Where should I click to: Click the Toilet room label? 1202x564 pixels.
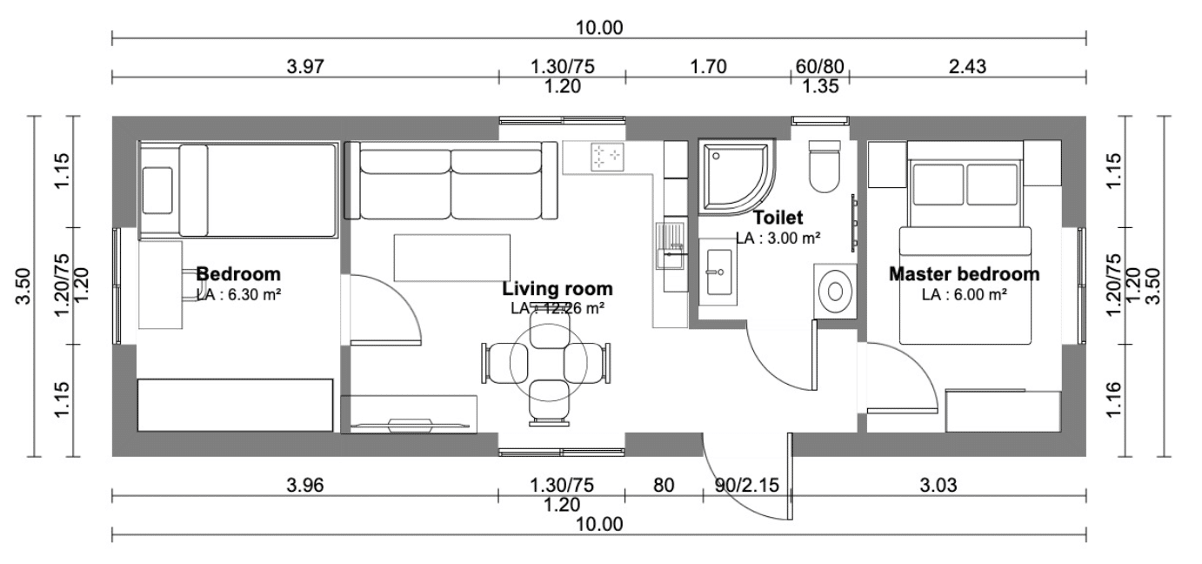click(x=778, y=218)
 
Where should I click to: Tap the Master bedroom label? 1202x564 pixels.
click(x=965, y=274)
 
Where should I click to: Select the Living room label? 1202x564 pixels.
click(x=558, y=288)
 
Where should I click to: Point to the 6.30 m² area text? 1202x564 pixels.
click(x=254, y=294)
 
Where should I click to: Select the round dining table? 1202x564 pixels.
click(x=548, y=363)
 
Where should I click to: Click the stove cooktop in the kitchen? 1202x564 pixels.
click(x=607, y=157)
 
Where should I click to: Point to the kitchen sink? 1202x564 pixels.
click(x=670, y=245)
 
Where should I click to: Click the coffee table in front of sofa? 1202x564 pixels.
click(x=451, y=258)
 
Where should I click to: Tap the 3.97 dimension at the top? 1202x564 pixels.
click(x=305, y=67)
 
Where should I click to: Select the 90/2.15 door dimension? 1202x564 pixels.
click(x=747, y=486)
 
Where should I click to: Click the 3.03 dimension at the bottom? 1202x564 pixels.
click(x=938, y=486)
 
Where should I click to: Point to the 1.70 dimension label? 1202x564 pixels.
click(x=708, y=67)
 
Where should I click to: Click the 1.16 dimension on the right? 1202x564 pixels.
click(x=1114, y=399)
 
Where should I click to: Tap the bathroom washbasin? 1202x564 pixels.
click(x=718, y=272)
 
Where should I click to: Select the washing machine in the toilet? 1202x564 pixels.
click(x=835, y=291)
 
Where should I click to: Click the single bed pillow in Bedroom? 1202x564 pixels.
click(x=157, y=191)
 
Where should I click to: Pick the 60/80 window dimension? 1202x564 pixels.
click(x=820, y=67)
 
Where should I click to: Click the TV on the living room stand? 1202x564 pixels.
click(x=409, y=425)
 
